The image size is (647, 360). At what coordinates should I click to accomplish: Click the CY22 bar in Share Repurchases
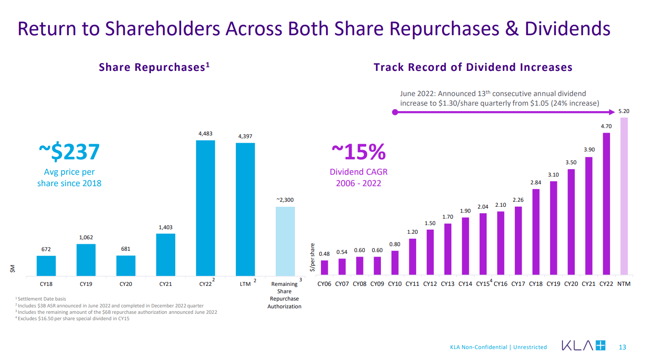tap(205, 208)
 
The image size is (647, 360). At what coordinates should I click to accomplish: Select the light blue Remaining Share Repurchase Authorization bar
tap(285, 241)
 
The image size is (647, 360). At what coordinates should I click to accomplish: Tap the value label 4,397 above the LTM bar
tap(245, 136)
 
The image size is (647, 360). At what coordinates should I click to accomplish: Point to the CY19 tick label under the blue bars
tap(86, 284)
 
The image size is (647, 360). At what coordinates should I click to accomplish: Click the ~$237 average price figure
tap(69, 152)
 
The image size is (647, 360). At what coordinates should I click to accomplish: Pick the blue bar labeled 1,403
tap(166, 255)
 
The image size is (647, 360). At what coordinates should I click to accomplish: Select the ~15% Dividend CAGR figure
tap(358, 152)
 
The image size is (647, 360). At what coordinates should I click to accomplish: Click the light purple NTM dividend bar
tap(624, 196)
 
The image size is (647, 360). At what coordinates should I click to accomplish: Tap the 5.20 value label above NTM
tap(624, 111)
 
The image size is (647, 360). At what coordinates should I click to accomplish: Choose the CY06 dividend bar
tap(324, 268)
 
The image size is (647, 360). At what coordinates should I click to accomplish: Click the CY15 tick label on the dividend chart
tap(482, 284)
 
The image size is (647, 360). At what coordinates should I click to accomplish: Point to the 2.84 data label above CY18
tap(536, 183)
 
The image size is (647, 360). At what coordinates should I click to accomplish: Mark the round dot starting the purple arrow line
tap(395, 112)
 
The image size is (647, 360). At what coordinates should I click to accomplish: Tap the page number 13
tap(622, 347)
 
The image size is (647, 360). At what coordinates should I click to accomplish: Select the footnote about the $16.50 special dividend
tap(73, 319)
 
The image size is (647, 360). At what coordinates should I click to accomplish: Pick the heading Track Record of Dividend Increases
tap(473, 67)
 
